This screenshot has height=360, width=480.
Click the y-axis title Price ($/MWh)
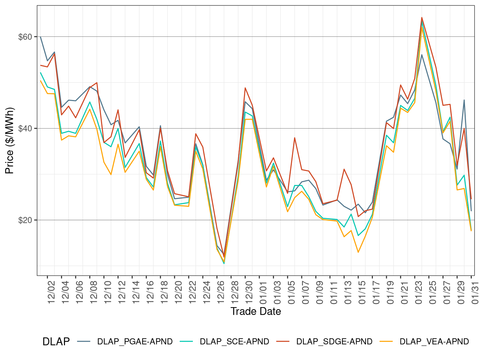tap(10, 141)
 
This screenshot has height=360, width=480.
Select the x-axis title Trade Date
tap(256, 311)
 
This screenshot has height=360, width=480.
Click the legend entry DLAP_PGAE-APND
tap(135, 342)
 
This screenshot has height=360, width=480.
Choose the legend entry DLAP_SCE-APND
tap(234, 342)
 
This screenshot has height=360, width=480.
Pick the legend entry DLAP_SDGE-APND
tap(334, 342)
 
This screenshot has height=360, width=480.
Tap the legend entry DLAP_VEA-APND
tap(434, 342)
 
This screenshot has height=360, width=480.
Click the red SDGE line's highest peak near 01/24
tap(422, 17)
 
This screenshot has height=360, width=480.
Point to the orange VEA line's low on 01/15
tap(358, 252)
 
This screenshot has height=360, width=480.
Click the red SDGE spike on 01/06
tap(295, 137)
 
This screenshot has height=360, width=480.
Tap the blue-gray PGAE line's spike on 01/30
tap(464, 100)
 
